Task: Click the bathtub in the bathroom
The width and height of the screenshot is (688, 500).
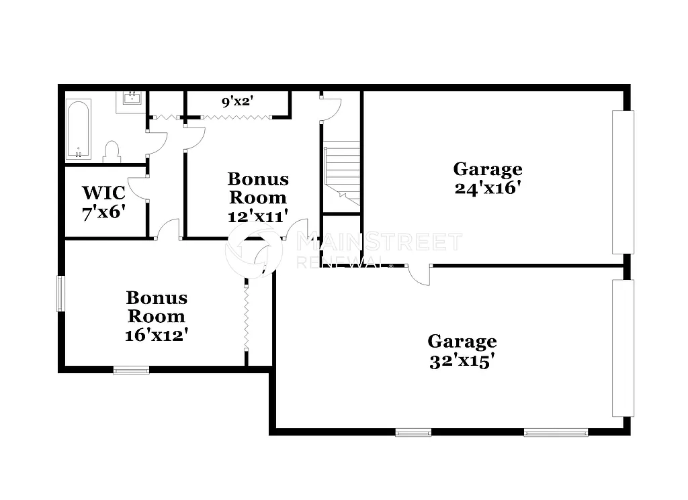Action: pyautogui.click(x=79, y=129)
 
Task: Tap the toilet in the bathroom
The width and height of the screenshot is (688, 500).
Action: pyautogui.click(x=112, y=152)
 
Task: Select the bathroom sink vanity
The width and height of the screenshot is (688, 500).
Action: pyautogui.click(x=132, y=102)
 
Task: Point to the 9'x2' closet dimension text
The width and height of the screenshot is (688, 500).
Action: pyautogui.click(x=237, y=102)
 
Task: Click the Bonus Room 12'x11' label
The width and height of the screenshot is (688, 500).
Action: pyautogui.click(x=258, y=197)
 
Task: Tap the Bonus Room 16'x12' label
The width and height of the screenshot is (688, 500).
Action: pyautogui.click(x=157, y=315)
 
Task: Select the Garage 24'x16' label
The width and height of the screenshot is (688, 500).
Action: pyautogui.click(x=488, y=178)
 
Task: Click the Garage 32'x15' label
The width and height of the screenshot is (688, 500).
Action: pyautogui.click(x=462, y=351)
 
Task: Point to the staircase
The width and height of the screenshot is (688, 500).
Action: pyautogui.click(x=342, y=171)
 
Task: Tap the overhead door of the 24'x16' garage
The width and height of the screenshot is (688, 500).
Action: pyautogui.click(x=623, y=182)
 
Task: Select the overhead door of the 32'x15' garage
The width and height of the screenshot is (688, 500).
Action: pyautogui.click(x=623, y=348)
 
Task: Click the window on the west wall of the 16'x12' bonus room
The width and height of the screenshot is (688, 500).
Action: pyautogui.click(x=60, y=293)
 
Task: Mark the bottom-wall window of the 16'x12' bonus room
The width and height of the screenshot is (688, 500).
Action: pyautogui.click(x=131, y=369)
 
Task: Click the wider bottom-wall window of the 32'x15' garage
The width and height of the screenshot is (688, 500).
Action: pyautogui.click(x=556, y=433)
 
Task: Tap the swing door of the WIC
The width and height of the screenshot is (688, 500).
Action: pyautogui.click(x=138, y=188)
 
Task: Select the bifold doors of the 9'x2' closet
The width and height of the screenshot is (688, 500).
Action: pyautogui.click(x=236, y=117)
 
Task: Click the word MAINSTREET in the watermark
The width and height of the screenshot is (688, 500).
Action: pyautogui.click(x=380, y=242)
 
